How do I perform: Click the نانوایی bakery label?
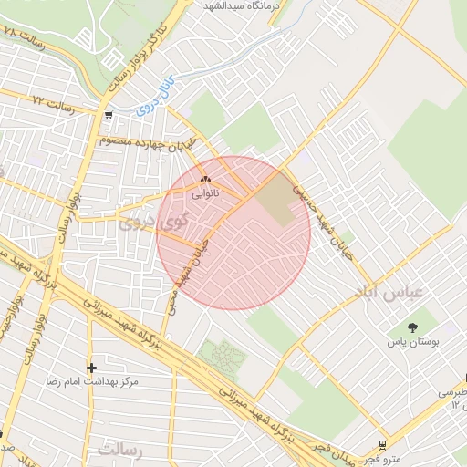tap(204, 194)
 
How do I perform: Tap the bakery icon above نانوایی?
tap(204, 180)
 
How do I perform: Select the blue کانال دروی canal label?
tap(152, 99)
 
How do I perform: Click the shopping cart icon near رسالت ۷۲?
tap(109, 116)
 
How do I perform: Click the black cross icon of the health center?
tap(91, 368)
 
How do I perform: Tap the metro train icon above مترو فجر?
tap(381, 446)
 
